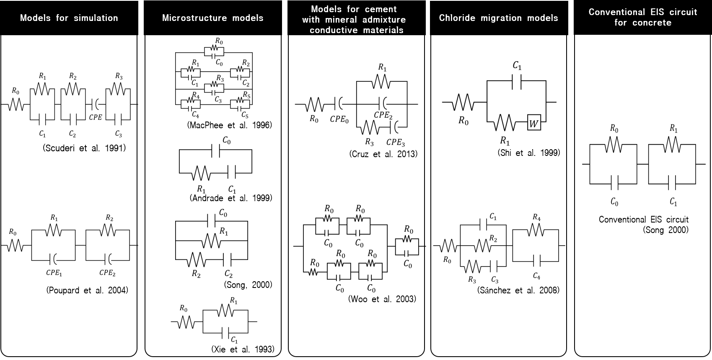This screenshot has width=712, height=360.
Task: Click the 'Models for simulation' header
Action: pos(69,18)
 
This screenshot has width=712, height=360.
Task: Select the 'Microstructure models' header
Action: pos(212,18)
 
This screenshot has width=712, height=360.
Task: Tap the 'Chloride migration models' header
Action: pos(499,18)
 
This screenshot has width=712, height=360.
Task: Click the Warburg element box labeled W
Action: pos(534,124)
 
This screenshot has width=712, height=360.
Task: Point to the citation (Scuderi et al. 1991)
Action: pos(84,148)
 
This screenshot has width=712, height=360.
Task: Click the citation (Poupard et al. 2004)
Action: pos(87,290)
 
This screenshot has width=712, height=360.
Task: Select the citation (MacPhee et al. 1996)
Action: pos(230,125)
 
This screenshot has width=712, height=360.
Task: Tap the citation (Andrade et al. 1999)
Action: pos(231,198)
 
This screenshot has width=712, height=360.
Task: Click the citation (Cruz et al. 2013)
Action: pos(383,154)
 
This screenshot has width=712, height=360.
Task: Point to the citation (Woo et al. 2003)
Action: pos(382,299)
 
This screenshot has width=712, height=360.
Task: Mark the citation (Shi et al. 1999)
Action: pos(529,153)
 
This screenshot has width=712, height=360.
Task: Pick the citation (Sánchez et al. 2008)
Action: pos(518,290)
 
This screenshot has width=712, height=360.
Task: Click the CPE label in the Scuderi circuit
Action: pos(96,117)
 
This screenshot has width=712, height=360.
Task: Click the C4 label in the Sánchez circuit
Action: pos(536,276)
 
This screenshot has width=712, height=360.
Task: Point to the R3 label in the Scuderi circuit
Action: pos(119,77)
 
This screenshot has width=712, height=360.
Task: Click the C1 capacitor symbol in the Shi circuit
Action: pos(517,83)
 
